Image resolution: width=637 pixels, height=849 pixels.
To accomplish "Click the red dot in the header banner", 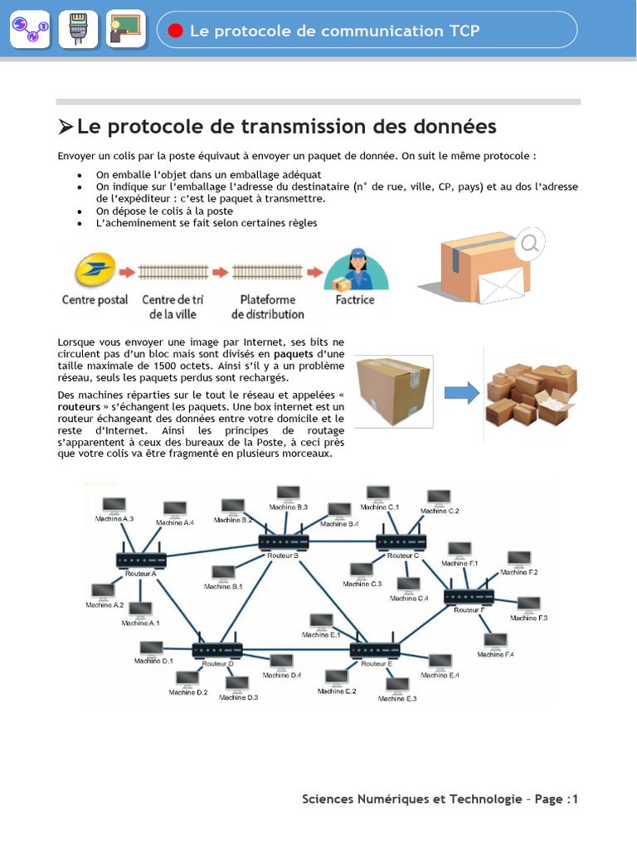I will pos(175,31).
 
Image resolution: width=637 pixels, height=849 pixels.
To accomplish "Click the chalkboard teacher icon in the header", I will pos(126,29).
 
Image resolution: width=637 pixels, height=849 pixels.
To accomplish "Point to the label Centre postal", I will pos(95,299).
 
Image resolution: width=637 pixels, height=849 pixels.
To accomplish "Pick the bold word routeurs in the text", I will pos(80,407).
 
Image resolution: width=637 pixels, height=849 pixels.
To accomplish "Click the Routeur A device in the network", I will pos(141,560).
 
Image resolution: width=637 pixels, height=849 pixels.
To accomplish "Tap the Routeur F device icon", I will pos(469,596).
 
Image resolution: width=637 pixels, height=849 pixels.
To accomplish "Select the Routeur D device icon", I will pos(217,650).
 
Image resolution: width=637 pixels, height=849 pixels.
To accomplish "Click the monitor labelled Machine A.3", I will pos(114,505).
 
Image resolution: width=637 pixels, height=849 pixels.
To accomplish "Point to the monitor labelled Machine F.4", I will pos(495,641).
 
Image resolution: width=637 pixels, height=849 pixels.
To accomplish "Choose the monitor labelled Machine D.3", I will pos(237,684).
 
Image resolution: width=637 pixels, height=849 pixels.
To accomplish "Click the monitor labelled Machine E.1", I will pos(321,621).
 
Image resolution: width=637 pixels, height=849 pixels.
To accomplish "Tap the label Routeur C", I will pos(404,555).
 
